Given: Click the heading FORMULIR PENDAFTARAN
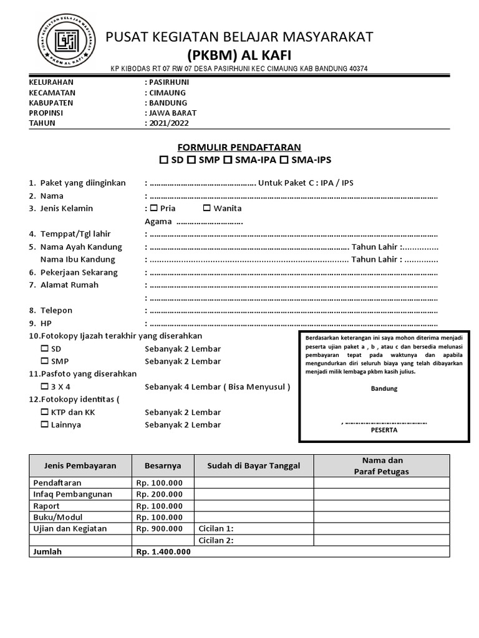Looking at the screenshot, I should click(239, 147).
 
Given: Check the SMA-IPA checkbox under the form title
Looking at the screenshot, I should click(228, 161).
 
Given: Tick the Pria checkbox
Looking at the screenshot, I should click(153, 208).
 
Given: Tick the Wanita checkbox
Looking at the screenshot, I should click(206, 208).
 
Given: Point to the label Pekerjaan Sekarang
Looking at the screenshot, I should click(79, 272).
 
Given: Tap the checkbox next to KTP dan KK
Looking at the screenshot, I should click(44, 412).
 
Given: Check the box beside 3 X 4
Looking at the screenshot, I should click(44, 386).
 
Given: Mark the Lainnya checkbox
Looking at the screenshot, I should click(44, 425).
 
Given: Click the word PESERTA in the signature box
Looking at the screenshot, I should click(384, 430).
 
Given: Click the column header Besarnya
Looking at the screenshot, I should click(163, 465).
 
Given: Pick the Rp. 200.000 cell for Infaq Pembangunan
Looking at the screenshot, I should click(160, 494).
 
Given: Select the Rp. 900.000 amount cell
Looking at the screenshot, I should click(160, 528).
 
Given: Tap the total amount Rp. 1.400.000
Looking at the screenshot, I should click(163, 551).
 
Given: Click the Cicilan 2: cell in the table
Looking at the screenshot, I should click(216, 540).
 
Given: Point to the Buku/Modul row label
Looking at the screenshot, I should click(57, 517).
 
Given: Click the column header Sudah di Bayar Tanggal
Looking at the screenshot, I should click(254, 465).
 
